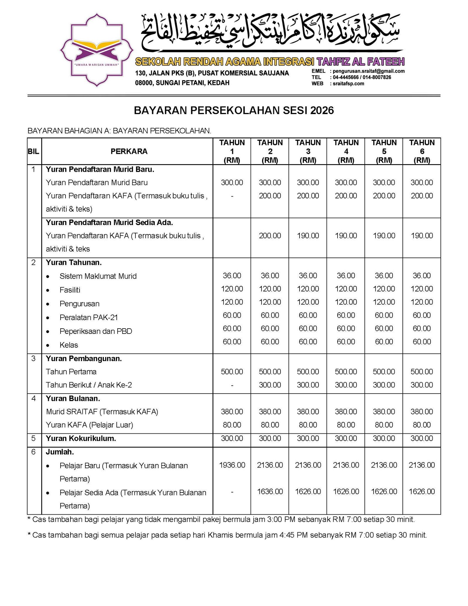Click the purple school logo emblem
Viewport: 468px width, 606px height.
pyautogui.click(x=97, y=50)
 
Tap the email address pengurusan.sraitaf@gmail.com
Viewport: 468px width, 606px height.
pyautogui.click(x=369, y=71)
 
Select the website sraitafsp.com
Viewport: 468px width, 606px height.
pyautogui.click(x=348, y=84)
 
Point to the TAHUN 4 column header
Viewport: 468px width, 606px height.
pyautogui.click(x=346, y=151)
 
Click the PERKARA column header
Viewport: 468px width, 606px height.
pyautogui.click(x=129, y=151)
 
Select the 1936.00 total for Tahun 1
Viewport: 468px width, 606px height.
pyautogui.click(x=232, y=465)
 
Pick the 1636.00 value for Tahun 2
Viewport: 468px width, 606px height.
pyautogui.click(x=270, y=491)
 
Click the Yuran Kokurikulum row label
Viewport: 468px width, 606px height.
pyautogui.click(x=81, y=438)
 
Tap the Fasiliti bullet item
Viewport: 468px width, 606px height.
pyautogui.click(x=70, y=290)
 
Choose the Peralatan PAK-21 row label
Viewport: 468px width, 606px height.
pyautogui.click(x=88, y=317)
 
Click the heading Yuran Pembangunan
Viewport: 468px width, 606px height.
pyautogui.click(x=84, y=358)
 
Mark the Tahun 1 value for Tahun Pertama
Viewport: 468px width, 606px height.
pyautogui.click(x=232, y=372)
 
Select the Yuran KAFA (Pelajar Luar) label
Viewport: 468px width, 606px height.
pyautogui.click(x=89, y=425)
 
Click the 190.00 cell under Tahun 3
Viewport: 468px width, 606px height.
pyautogui.click(x=308, y=236)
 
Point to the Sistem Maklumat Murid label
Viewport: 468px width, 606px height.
pyautogui.click(x=98, y=276)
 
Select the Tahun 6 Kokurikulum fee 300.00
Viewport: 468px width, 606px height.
pyautogui.click(x=421, y=438)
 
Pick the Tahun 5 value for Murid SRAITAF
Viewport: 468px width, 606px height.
pyautogui.click(x=384, y=412)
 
